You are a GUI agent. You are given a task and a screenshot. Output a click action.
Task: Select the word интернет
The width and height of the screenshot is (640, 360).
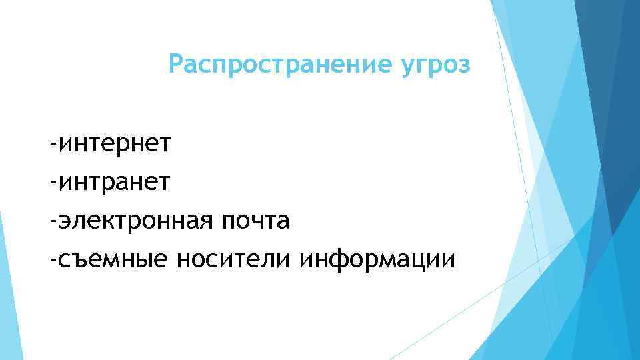point(116,143)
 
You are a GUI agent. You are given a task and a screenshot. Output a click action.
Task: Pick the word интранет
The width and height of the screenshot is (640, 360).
point(116,181)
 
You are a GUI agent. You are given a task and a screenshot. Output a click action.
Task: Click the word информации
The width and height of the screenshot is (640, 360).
point(378,259)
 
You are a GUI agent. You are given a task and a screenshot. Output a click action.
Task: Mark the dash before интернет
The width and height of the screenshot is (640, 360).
point(53,144)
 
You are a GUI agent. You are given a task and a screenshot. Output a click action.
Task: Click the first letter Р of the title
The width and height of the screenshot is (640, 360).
point(175,65)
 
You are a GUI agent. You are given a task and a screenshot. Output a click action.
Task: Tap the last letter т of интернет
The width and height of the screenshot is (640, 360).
point(167,143)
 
